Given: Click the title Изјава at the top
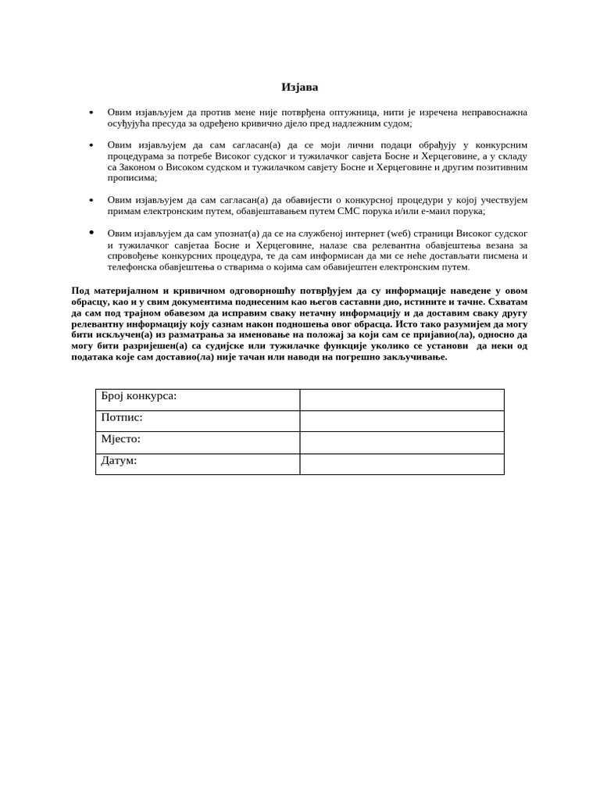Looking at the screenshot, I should [x=299, y=87].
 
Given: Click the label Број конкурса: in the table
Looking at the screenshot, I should [x=139, y=396].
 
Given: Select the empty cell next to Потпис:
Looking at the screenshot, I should [x=402, y=421].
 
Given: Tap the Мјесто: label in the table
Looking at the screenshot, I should [x=121, y=439].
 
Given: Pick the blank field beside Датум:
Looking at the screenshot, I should [x=402, y=464].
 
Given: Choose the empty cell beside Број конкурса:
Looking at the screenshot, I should [x=402, y=400].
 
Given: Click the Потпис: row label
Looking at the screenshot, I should [x=122, y=417].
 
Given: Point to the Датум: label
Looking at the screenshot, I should [x=119, y=460].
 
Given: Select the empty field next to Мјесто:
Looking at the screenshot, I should [x=402, y=443].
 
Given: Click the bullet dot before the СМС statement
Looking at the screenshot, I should [x=91, y=201].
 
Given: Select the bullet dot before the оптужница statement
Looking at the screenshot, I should [x=91, y=112].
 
